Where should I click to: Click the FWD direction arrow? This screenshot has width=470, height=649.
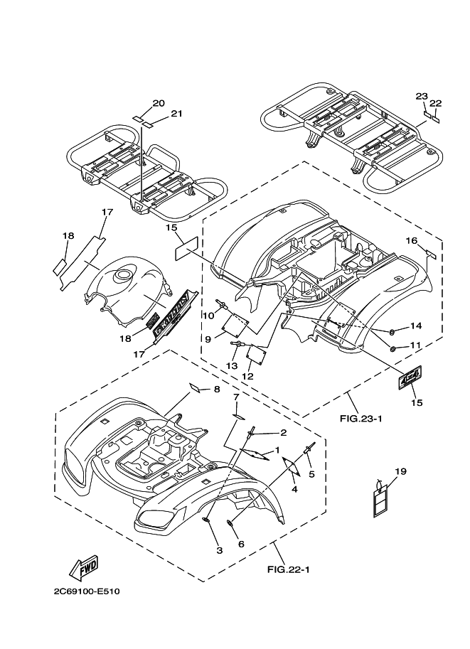click(82, 567)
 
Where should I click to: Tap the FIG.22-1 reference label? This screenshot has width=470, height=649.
click(289, 569)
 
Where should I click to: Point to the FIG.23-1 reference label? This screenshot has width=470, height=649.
click(360, 418)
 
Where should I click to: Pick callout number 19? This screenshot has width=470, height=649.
click(400, 471)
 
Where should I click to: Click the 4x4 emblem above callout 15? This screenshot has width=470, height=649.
click(410, 379)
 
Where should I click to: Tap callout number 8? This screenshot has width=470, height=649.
click(215, 390)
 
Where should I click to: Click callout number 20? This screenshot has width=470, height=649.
click(158, 103)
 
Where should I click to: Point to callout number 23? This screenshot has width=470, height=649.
click(422, 96)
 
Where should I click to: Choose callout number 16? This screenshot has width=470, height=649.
click(411, 241)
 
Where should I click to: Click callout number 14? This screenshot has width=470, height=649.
click(416, 326)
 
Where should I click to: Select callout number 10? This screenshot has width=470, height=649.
click(210, 316)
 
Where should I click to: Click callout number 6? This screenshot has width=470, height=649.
click(241, 544)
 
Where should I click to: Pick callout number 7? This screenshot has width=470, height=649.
click(236, 396)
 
